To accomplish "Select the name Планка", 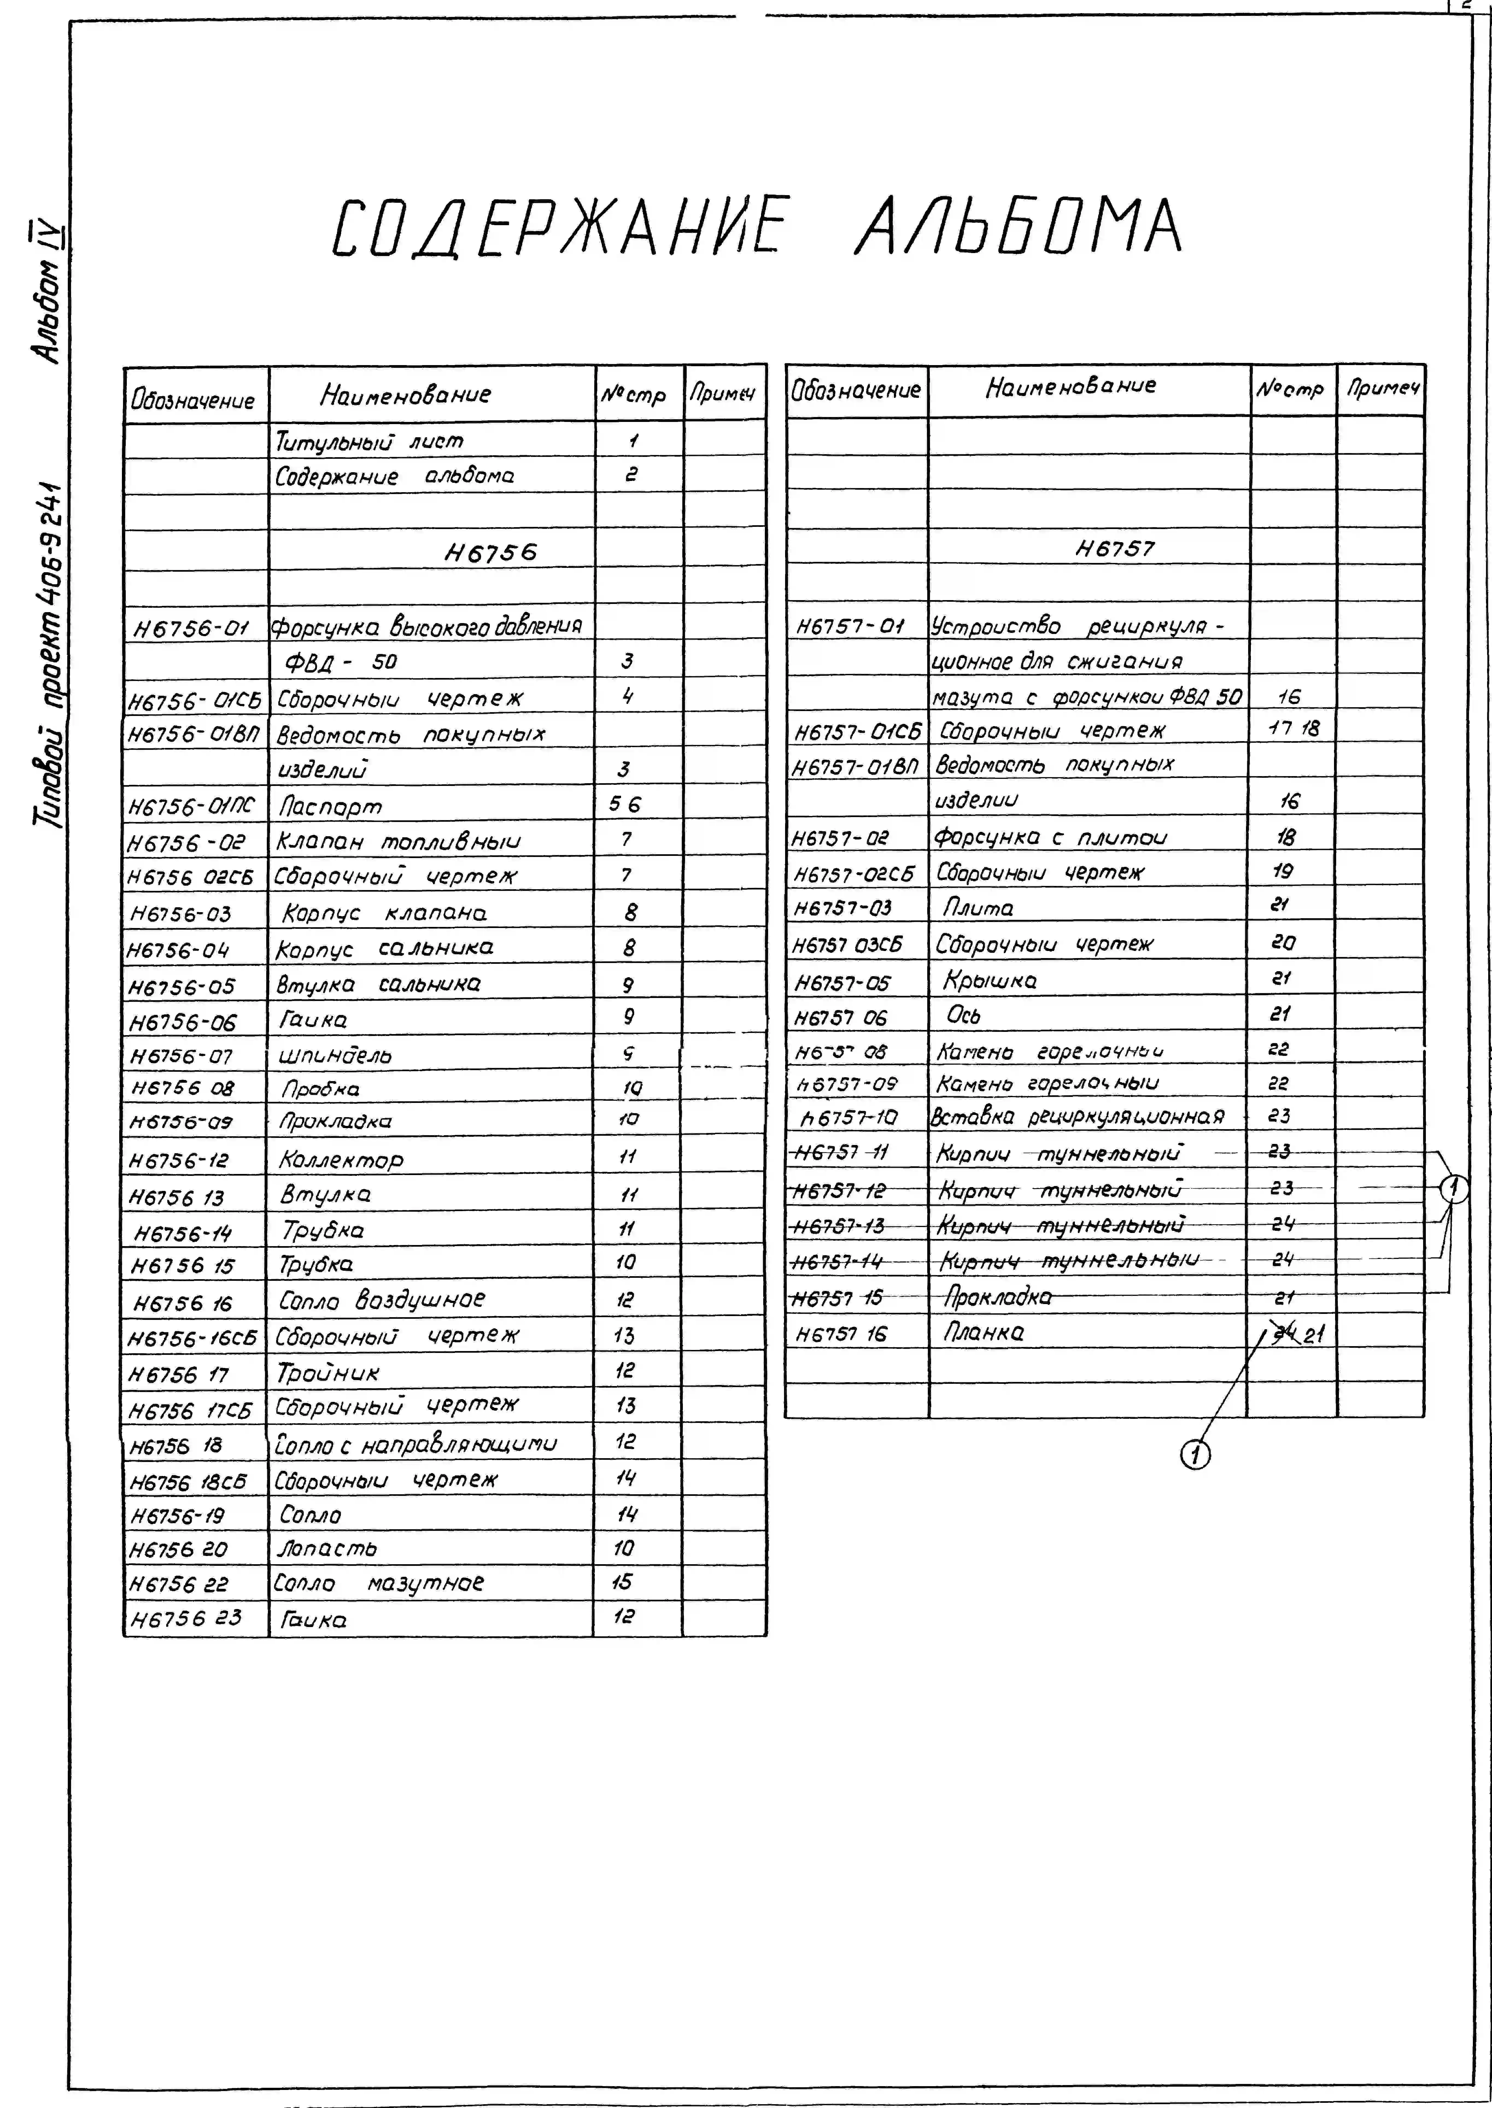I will [984, 1332].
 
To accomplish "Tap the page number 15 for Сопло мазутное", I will [622, 1582].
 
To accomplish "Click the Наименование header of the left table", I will [405, 395].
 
